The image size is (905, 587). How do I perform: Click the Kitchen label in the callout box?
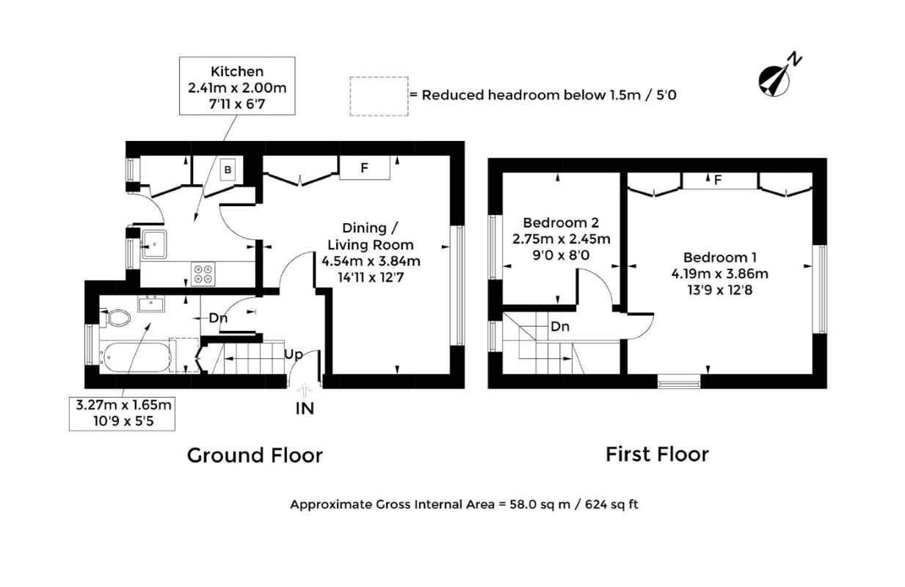click(237, 71)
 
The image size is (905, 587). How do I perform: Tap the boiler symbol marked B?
click(228, 169)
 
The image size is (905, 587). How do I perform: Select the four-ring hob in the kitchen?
click(203, 274)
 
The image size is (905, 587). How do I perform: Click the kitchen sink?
click(153, 244)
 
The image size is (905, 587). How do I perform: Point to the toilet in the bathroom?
click(115, 318)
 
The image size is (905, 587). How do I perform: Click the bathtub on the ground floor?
click(136, 357)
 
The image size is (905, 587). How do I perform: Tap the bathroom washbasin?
click(151, 304)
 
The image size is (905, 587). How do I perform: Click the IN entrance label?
click(305, 409)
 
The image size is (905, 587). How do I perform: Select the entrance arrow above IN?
click(305, 390)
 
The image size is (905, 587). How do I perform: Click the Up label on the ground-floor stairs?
click(294, 354)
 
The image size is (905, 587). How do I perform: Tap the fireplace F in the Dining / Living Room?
click(365, 167)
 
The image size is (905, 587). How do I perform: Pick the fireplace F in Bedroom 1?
click(719, 181)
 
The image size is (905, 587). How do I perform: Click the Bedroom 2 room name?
click(561, 222)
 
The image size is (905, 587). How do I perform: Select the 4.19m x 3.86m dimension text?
click(719, 274)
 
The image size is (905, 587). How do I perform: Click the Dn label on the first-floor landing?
click(560, 327)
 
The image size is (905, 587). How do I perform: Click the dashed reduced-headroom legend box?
click(379, 96)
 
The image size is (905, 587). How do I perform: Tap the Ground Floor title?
click(255, 456)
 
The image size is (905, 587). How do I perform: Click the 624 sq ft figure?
click(611, 505)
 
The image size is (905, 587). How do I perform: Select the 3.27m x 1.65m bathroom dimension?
click(123, 405)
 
